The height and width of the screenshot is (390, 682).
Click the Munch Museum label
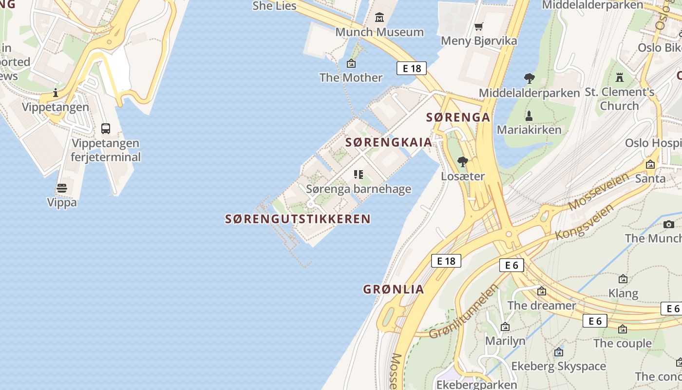379,32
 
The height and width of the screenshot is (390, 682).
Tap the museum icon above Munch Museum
379,19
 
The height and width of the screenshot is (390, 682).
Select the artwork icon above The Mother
351,63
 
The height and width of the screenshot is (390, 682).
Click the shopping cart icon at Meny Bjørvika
479,26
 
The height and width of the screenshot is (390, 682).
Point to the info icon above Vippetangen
56,93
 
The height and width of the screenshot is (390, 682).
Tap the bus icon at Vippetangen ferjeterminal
106,129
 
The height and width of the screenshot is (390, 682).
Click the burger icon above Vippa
61,188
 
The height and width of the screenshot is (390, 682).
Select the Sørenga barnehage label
359,189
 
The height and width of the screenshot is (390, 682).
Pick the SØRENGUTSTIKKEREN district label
298,219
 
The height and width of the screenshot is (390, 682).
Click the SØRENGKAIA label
389,142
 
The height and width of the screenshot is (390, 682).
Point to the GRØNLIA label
394,289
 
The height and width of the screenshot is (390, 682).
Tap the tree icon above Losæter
462,161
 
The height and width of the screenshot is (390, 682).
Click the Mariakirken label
529,130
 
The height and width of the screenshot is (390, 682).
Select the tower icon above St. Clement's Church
620,77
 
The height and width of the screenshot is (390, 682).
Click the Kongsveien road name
585,222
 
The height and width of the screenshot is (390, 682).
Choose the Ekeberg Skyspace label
558,366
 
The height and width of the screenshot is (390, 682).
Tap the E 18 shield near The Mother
412,68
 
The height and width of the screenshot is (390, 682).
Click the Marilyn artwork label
505,340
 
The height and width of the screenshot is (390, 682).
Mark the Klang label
623,293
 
